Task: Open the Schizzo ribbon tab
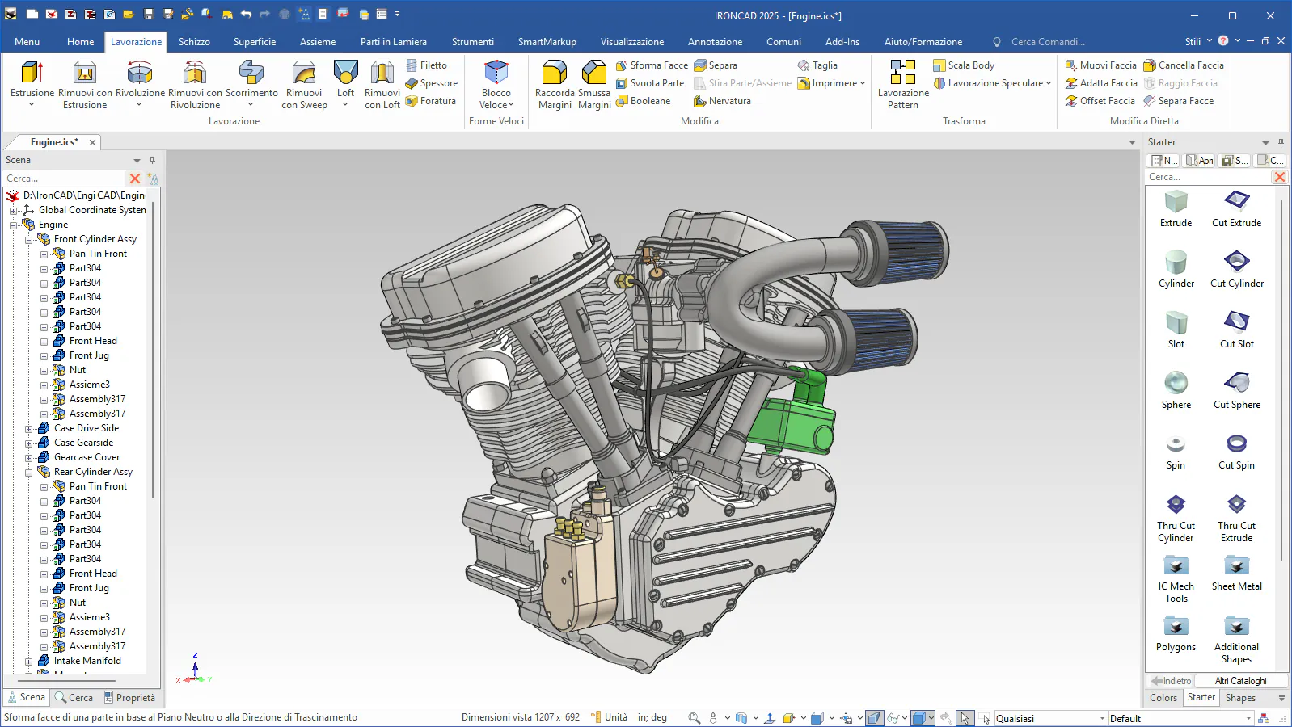point(194,42)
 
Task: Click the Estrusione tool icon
point(32,73)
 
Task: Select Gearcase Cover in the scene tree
point(87,457)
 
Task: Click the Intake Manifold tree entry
point(87,661)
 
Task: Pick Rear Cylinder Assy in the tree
point(93,472)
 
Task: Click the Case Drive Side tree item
point(87,428)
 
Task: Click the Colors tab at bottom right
point(1163,698)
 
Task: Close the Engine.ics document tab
point(92,142)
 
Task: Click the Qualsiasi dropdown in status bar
point(1049,718)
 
